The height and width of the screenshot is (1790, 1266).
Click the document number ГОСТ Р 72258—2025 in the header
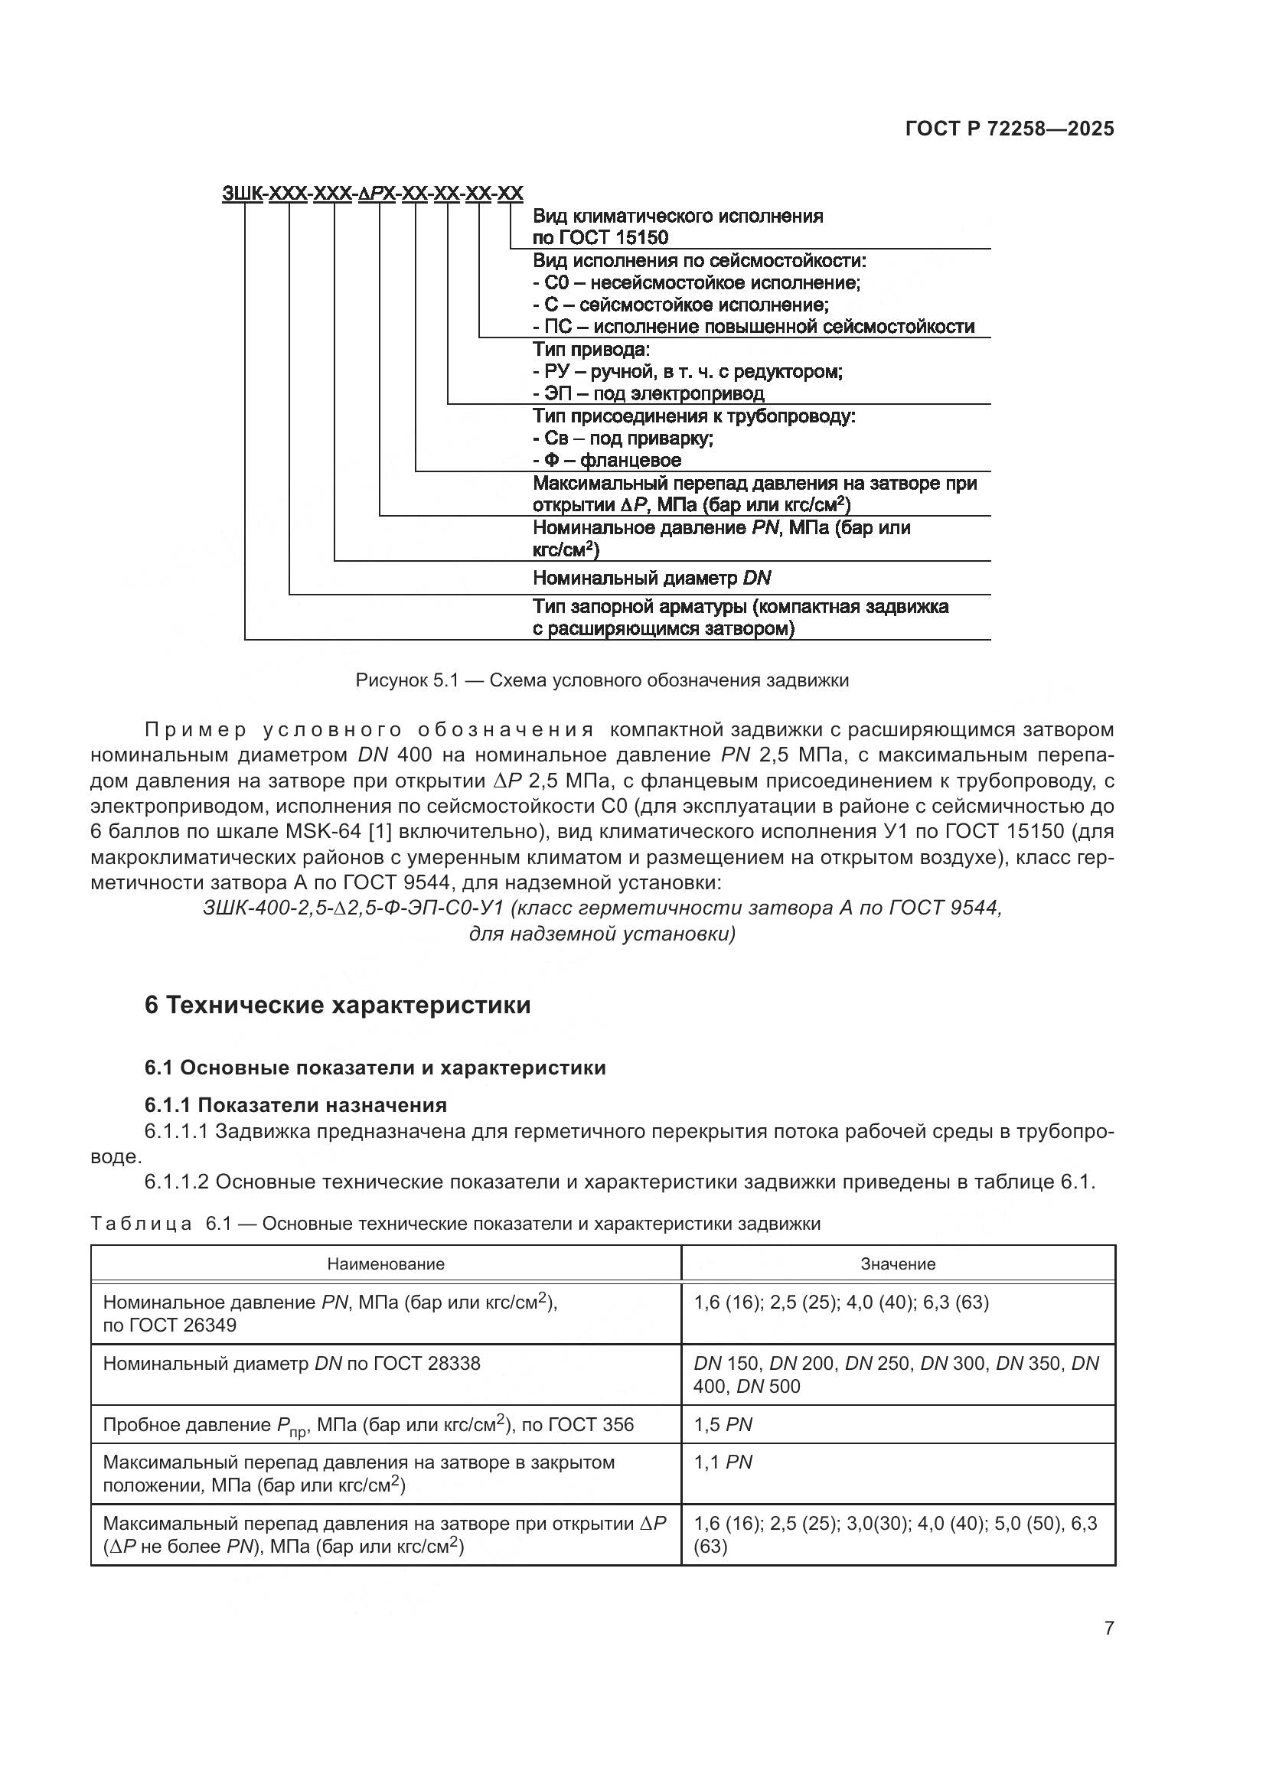1010,129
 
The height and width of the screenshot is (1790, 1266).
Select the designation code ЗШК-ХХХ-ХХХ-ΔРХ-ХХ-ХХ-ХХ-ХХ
373,193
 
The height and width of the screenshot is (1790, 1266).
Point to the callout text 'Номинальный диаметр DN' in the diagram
651,578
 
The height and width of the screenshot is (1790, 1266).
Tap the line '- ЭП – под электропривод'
648,393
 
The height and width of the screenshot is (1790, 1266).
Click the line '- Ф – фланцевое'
606,460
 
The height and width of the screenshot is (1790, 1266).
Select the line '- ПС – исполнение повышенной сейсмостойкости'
753,327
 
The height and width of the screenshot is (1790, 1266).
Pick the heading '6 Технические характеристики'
338,1005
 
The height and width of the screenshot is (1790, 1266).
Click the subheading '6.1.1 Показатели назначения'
295,1105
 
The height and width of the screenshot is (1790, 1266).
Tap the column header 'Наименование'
386,1263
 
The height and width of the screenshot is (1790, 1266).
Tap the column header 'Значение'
898,1263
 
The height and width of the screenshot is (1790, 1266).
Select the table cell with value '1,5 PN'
723,1424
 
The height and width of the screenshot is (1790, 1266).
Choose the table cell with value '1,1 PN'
723,1462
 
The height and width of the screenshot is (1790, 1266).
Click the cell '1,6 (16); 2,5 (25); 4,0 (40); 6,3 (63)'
841,1302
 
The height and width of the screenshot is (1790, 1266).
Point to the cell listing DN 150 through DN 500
896,1374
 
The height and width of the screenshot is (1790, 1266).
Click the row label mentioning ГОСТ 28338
292,1364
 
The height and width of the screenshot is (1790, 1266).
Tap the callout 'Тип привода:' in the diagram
591,348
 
